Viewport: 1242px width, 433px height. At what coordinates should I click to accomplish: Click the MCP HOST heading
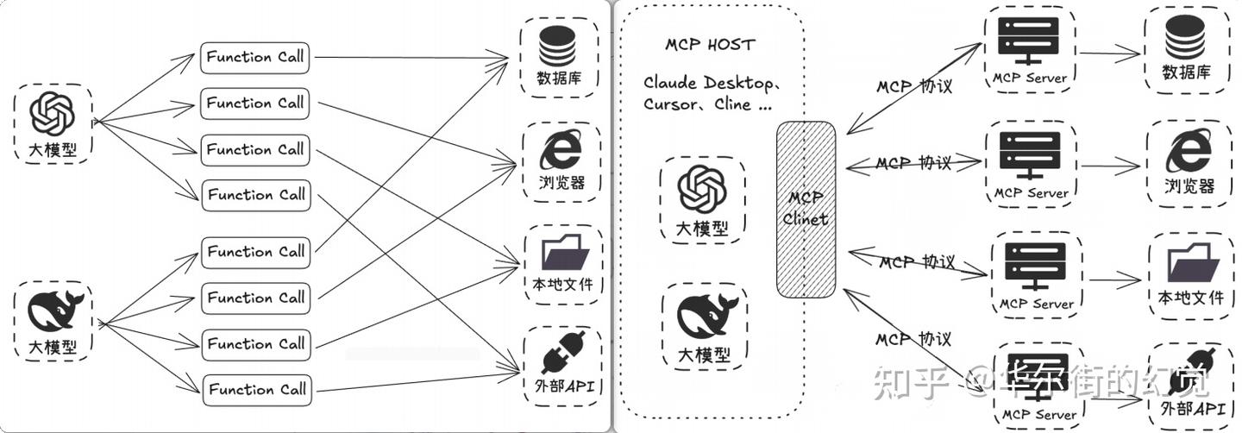710,45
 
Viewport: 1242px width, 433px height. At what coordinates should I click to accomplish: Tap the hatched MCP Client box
806,209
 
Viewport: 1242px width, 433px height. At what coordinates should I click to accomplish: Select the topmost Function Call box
255,58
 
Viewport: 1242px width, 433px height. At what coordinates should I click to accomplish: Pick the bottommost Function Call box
256,389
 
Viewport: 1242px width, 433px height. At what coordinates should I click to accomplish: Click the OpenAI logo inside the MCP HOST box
702,188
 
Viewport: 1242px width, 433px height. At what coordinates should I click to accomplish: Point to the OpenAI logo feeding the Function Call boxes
53,112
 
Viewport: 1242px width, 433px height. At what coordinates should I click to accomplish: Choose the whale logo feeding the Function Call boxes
53,311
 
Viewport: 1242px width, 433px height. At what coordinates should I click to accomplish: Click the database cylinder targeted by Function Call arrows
557,46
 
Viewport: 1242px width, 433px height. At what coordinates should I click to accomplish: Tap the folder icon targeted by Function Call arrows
565,254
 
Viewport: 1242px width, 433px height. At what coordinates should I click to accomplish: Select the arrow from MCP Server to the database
1109,54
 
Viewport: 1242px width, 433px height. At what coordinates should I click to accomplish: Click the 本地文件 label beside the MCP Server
1191,298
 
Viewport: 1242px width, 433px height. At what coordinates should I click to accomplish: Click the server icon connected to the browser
1030,154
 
